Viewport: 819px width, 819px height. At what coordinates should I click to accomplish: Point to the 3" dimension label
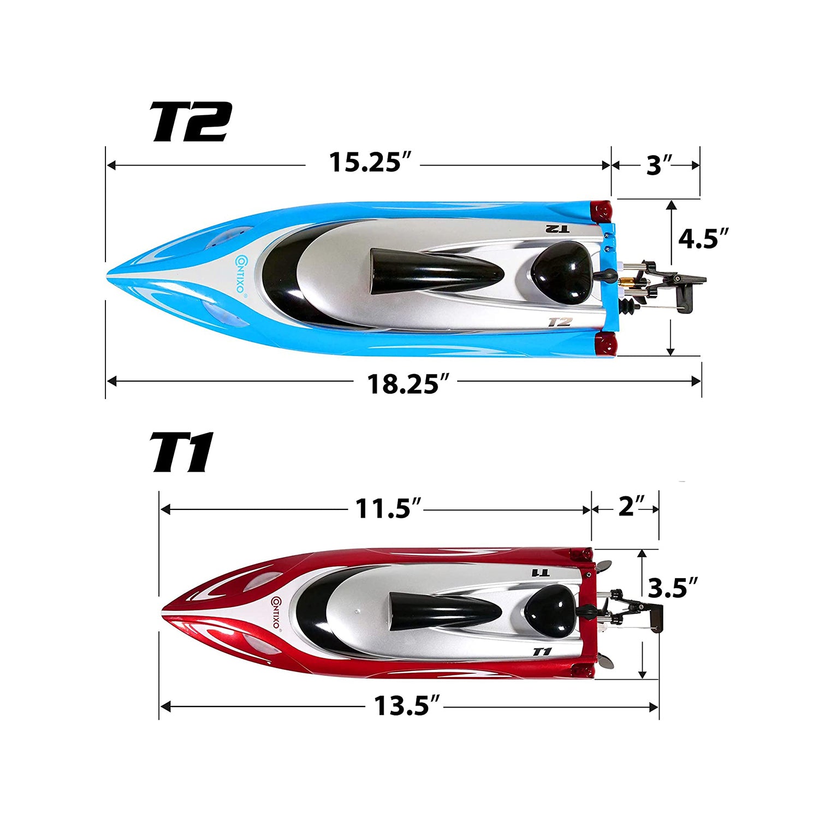click(x=658, y=165)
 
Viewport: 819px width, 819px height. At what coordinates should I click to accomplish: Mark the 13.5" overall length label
click(x=406, y=706)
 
